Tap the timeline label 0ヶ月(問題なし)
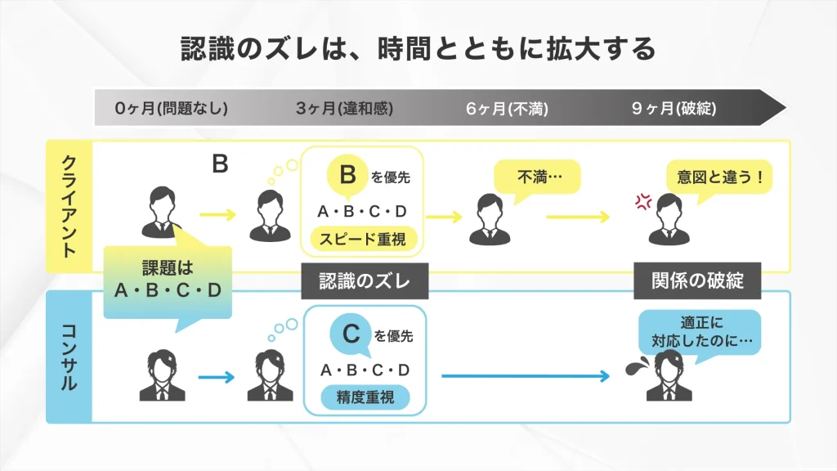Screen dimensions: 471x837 171,108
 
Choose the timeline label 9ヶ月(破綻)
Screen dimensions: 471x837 674,108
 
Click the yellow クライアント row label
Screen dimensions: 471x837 69,206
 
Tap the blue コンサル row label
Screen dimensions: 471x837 69,357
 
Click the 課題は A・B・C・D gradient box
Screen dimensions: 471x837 168,280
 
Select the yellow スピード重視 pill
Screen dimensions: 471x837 362,239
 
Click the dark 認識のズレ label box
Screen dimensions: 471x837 365,280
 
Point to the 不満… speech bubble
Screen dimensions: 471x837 536,177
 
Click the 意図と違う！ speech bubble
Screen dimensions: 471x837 718,177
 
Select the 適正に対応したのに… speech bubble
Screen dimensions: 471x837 698,331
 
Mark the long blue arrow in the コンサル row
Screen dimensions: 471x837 526,376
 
